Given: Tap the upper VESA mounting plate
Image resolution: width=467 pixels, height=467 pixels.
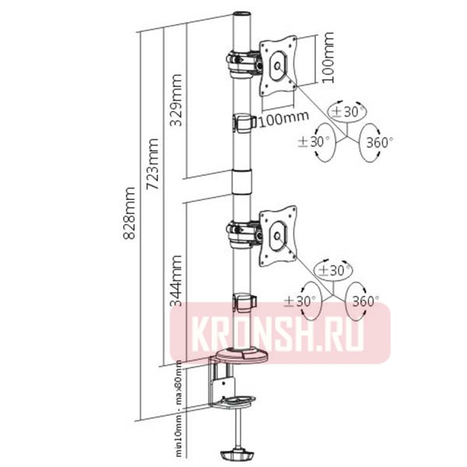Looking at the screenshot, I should [x=278, y=65].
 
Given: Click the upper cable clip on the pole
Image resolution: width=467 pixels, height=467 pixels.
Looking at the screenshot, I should [x=244, y=123].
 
